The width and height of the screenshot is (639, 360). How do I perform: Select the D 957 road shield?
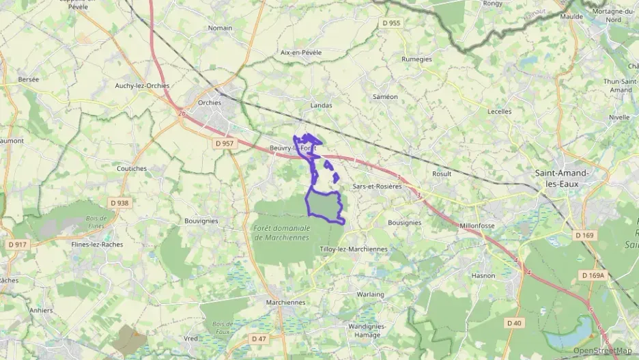[224, 143]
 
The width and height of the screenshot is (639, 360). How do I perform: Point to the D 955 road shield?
[391, 23]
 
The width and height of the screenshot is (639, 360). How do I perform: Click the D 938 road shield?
[119, 203]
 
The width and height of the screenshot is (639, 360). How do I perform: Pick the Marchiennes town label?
[285, 301]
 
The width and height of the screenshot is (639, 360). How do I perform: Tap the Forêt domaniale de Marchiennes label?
[281, 232]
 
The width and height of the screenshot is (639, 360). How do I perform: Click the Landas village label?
[321, 105]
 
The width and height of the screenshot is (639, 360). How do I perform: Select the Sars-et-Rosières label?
[377, 186]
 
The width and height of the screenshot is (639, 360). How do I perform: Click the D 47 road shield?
[259, 338]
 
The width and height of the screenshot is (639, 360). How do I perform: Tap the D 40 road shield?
[514, 322]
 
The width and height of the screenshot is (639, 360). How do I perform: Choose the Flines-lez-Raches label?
[97, 244]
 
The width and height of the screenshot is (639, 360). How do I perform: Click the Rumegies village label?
[417, 59]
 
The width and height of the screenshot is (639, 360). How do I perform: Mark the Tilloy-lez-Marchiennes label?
[353, 249]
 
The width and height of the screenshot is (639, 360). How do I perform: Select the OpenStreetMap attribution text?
[602, 350]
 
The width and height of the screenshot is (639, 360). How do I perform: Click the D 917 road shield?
[17, 244]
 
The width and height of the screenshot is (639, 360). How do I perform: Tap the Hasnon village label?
[483, 275]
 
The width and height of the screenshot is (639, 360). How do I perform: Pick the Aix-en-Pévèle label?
[301, 52]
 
